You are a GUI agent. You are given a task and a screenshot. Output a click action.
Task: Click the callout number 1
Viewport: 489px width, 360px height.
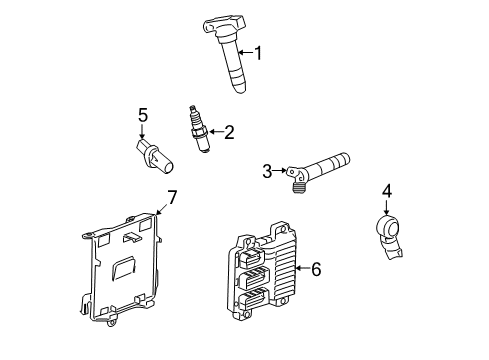pyautogui.click(x=259, y=53)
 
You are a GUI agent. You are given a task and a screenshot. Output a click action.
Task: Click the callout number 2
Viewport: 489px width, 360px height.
pyautogui.click(x=229, y=130)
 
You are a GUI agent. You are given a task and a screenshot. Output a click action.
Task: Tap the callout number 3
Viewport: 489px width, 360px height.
pyautogui.click(x=267, y=172)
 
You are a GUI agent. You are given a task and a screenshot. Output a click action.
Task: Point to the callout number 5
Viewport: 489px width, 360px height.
pyautogui.click(x=143, y=116)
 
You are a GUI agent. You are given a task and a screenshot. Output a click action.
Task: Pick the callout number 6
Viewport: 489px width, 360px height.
pyautogui.click(x=316, y=268)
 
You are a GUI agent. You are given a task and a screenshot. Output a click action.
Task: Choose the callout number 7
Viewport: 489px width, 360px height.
pyautogui.click(x=171, y=197)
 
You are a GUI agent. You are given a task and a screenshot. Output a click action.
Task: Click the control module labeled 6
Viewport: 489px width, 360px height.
pyautogui.click(x=265, y=275)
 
